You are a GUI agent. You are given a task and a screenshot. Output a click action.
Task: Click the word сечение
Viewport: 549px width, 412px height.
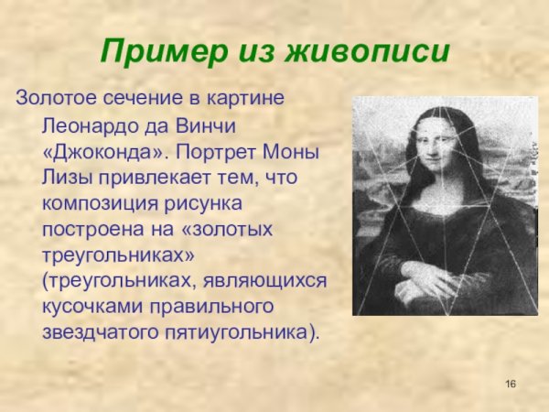pyautogui.click(x=134, y=97)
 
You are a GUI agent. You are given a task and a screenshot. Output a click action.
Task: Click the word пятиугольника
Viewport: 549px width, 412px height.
pyautogui.click(x=242, y=330)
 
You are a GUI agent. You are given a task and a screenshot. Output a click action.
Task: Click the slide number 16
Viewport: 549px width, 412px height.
pyautogui.click(x=511, y=382)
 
